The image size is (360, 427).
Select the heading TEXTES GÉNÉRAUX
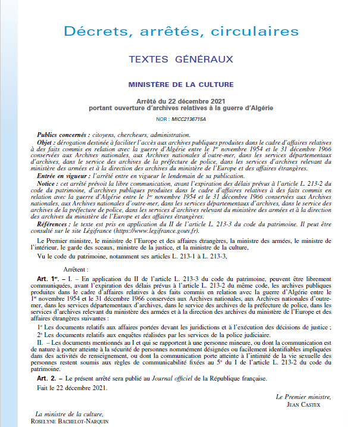(x=180, y=59)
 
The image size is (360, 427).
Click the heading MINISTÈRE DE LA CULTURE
(x=180, y=84)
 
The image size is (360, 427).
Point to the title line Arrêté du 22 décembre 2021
(x=180, y=102)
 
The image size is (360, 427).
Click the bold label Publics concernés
(x=63, y=135)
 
